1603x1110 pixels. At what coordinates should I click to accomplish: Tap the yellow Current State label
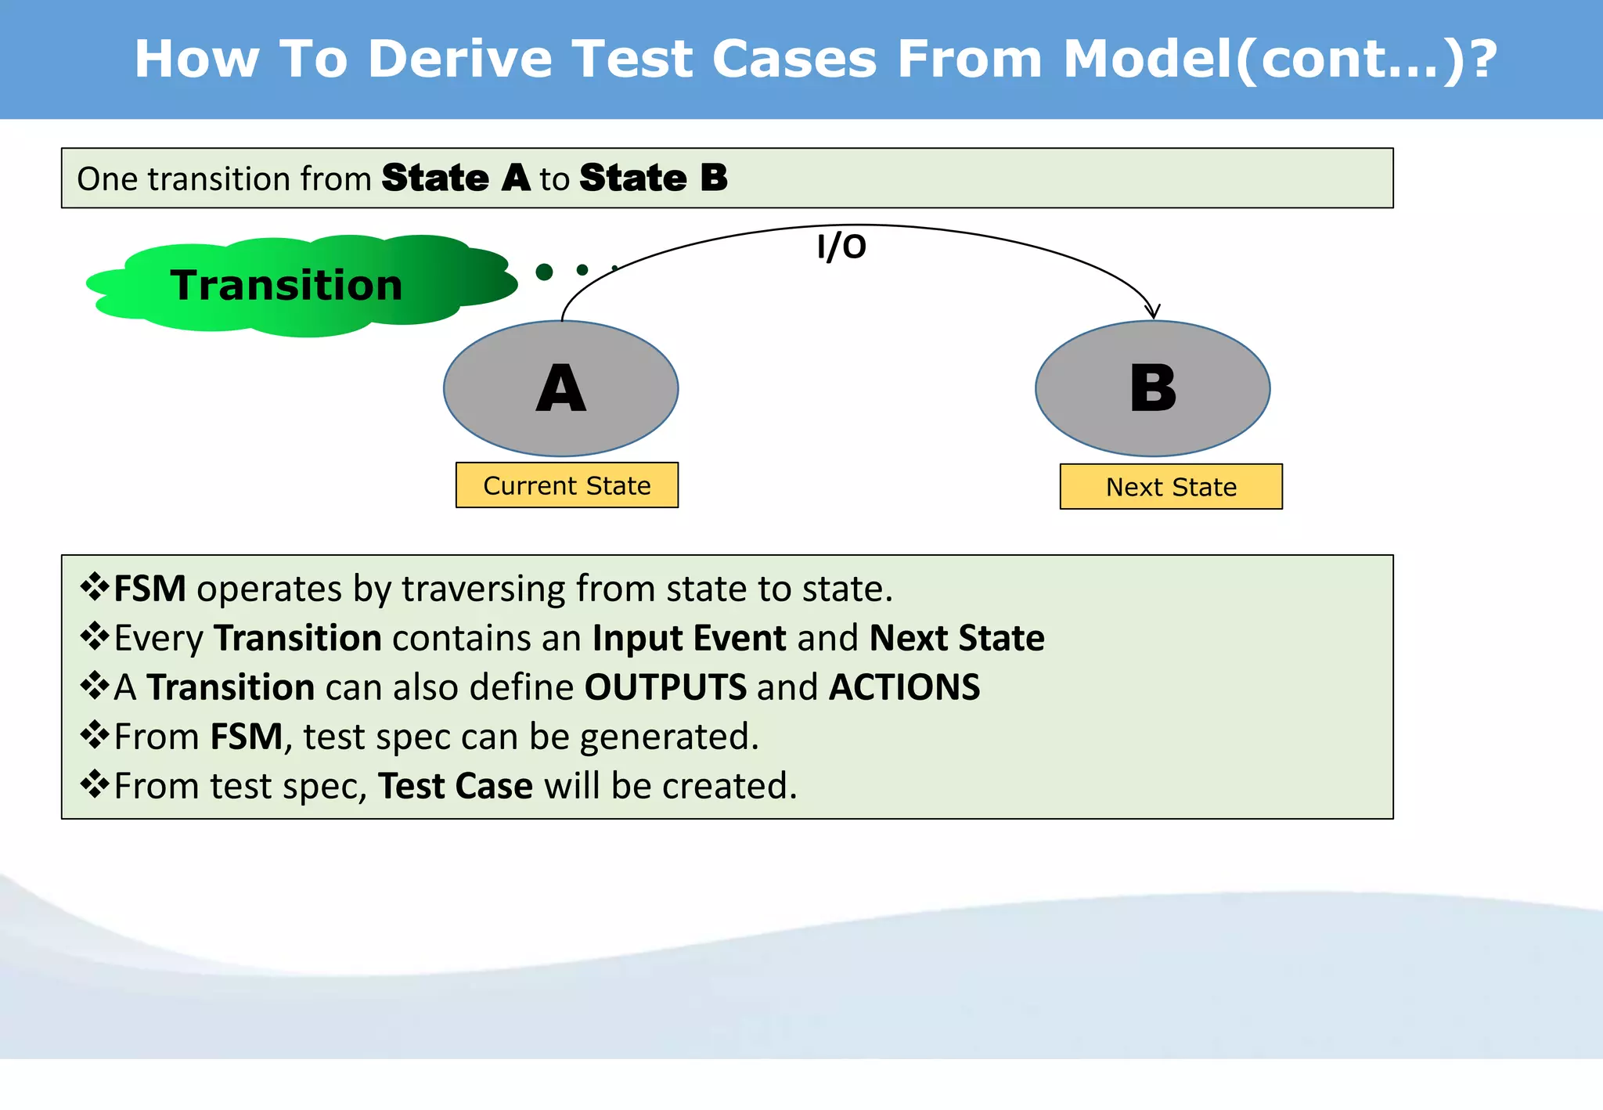pyautogui.click(x=567, y=485)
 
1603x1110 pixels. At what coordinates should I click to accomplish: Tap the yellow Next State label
pyautogui.click(x=1171, y=487)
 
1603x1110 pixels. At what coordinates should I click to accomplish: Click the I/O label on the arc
pyautogui.click(x=841, y=247)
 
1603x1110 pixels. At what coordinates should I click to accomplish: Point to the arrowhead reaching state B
pyautogui.click(x=1152, y=312)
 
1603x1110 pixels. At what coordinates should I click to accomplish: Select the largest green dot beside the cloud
pyautogui.click(x=545, y=272)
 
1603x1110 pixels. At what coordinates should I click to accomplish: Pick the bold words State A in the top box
pyautogui.click(x=456, y=178)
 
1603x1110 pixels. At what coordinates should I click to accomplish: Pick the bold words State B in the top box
pyautogui.click(x=654, y=178)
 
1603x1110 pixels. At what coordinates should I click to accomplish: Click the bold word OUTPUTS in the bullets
pyautogui.click(x=665, y=687)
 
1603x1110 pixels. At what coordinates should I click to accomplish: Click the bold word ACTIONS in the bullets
pyautogui.click(x=904, y=687)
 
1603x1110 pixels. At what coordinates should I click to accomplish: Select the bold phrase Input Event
pyautogui.click(x=689, y=638)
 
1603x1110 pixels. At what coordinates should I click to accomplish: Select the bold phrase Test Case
pyautogui.click(x=456, y=786)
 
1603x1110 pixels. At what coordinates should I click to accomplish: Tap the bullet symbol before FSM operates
pyautogui.click(x=95, y=587)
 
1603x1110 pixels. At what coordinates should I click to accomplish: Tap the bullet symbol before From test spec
pyautogui.click(x=95, y=784)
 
